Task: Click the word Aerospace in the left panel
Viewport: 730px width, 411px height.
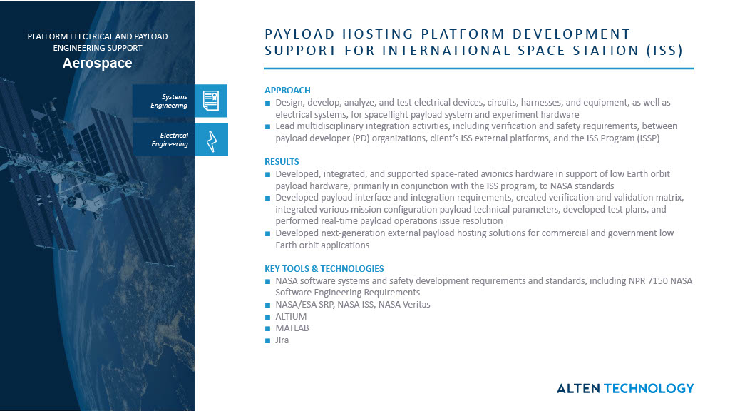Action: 97,64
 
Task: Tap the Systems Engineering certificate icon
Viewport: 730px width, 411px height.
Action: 210,101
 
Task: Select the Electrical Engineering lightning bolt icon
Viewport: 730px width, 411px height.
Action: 210,139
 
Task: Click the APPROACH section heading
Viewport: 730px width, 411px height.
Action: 287,91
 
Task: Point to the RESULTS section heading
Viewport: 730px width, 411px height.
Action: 282,162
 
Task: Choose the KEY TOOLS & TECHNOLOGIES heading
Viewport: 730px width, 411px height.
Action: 324,269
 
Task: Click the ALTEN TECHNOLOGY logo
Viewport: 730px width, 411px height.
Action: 624,388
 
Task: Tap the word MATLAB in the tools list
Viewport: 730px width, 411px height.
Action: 292,328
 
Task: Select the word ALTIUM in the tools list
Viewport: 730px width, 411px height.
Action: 291,316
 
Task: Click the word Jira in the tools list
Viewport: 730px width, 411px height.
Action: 282,340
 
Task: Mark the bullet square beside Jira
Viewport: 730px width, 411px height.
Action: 268,340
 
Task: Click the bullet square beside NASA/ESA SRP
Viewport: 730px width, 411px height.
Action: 268,305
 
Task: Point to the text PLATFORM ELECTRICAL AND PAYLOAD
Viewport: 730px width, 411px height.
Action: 98,36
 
